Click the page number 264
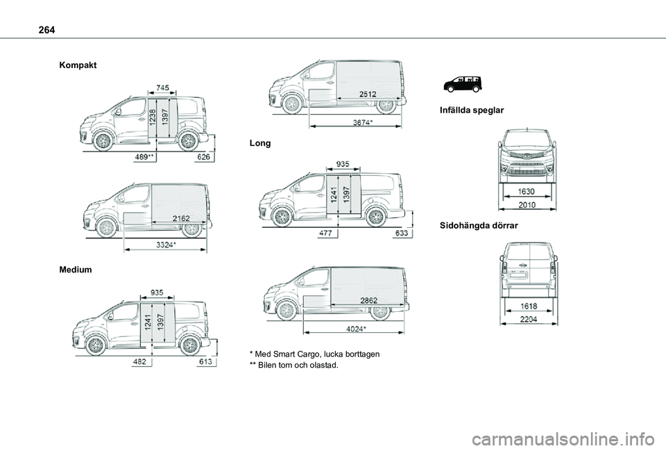(46, 30)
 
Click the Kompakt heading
(78, 65)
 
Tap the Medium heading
(76, 270)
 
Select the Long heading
(260, 143)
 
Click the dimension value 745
(162, 88)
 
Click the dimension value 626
(204, 157)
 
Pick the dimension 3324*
(166, 245)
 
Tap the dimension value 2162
(181, 218)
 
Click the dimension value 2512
(368, 94)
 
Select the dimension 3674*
(363, 122)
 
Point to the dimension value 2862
(368, 300)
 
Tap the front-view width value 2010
(527, 204)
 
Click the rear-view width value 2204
(529, 319)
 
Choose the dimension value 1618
(529, 306)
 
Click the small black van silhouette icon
(463, 84)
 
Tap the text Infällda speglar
(472, 110)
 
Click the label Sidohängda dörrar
(479, 225)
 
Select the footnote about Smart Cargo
(315, 354)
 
